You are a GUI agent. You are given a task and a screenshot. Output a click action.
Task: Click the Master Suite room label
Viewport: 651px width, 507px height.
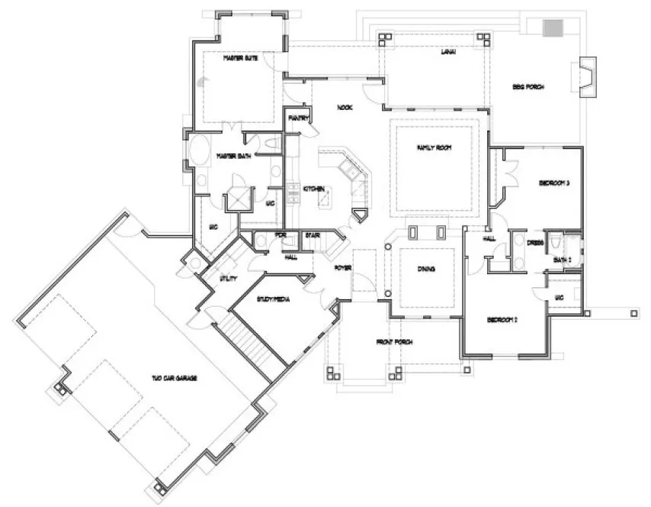(238, 58)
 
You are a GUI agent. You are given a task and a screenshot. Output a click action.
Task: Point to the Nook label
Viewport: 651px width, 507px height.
(345, 108)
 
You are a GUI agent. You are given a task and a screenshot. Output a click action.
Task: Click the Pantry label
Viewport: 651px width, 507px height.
(298, 118)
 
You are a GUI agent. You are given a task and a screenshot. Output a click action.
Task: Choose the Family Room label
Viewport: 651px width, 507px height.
(433, 147)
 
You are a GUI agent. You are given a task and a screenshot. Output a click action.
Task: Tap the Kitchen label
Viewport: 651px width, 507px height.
(315, 189)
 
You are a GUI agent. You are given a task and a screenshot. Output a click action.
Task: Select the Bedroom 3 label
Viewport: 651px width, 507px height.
(555, 183)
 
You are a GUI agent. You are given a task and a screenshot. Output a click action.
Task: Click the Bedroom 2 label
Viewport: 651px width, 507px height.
(504, 319)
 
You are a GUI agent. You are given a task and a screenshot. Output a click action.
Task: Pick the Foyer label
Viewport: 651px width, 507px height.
(342, 267)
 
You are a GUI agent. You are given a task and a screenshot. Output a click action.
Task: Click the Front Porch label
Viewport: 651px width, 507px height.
(396, 341)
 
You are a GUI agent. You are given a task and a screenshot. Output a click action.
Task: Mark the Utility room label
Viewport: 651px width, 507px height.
(227, 279)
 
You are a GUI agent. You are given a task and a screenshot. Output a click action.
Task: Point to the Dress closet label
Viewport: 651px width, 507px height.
(535, 242)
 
